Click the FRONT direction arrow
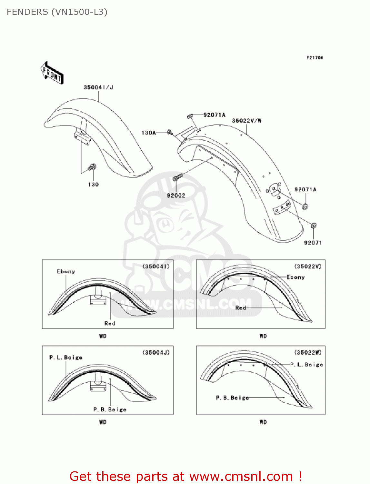coord(52,73)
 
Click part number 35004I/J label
coord(98,87)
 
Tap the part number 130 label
coord(93,185)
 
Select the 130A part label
coord(148,133)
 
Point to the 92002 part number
coord(176,196)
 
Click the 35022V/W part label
coord(247,121)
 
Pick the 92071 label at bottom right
coord(313,243)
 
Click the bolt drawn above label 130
coord(92,167)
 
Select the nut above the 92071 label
coord(314,225)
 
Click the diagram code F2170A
coord(315,58)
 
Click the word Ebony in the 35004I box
coord(66,271)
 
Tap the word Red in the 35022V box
coord(241,308)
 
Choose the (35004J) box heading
coord(156,352)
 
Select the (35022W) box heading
coord(308,352)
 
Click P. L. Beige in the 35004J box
coord(66,358)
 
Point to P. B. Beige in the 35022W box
coord(232,398)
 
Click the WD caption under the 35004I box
coord(103,336)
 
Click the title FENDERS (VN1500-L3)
coord(57,12)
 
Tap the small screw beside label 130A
coord(170,132)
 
